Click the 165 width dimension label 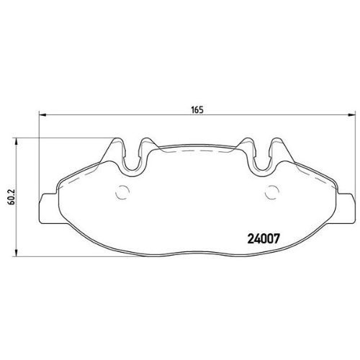pos(195,109)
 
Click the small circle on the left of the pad pos(122,192)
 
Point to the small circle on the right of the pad pos(273,192)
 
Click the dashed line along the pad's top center pos(196,153)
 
